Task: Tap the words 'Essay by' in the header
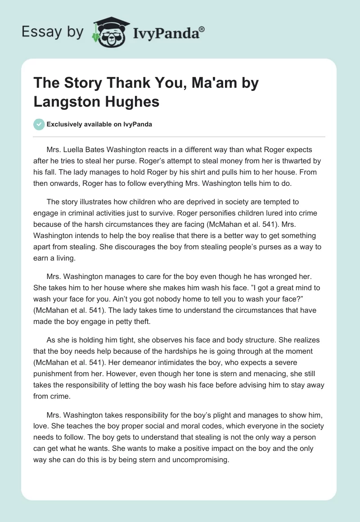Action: (53, 32)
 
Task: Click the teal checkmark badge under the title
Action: (39, 124)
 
